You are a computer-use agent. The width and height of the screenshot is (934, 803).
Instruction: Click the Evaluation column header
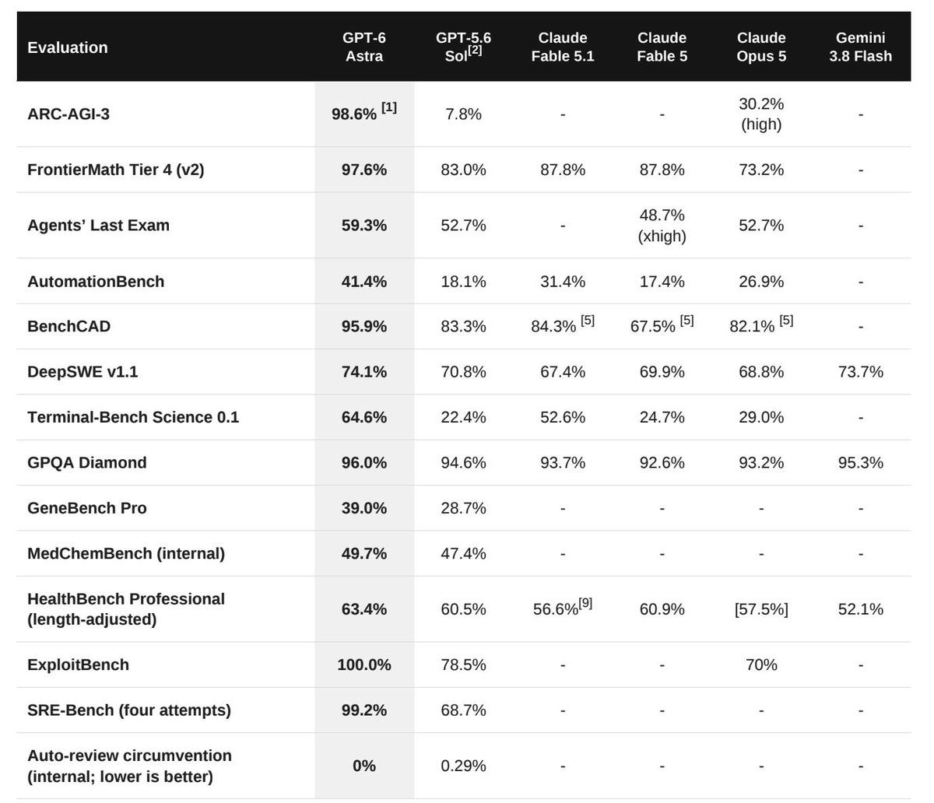[68, 47]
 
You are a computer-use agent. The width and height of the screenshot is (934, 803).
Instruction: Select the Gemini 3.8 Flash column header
[860, 47]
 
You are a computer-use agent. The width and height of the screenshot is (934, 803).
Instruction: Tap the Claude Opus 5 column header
[761, 47]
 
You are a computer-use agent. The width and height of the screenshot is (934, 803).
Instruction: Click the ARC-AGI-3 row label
[68, 114]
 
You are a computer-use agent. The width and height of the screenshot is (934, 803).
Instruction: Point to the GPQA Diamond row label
[86, 462]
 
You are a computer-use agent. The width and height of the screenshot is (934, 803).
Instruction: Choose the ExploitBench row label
[78, 664]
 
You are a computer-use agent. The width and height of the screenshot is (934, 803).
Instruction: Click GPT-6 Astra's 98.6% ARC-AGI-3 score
[354, 114]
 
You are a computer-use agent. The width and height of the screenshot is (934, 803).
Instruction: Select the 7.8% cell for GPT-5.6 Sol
[463, 114]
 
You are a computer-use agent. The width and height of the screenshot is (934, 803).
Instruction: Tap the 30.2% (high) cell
[761, 114]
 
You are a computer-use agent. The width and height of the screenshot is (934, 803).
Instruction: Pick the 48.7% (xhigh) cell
[662, 226]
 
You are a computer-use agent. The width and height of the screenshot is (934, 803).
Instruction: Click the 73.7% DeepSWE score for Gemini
[860, 372]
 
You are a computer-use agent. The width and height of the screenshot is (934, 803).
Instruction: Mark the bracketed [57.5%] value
[761, 608]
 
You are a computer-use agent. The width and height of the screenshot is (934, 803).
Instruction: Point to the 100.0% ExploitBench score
[363, 664]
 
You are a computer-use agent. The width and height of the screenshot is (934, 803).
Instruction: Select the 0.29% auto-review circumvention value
[463, 766]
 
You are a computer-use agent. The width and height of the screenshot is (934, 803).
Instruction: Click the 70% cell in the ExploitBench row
[761, 664]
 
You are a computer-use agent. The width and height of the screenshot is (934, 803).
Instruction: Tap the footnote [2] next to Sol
[475, 50]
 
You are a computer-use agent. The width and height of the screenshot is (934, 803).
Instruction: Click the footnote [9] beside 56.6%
[585, 603]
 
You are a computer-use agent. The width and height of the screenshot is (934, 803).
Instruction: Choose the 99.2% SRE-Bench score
[363, 710]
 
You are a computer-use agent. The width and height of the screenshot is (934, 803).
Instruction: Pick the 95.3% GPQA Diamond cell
[860, 462]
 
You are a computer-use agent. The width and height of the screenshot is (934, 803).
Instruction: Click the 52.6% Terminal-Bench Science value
[563, 417]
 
